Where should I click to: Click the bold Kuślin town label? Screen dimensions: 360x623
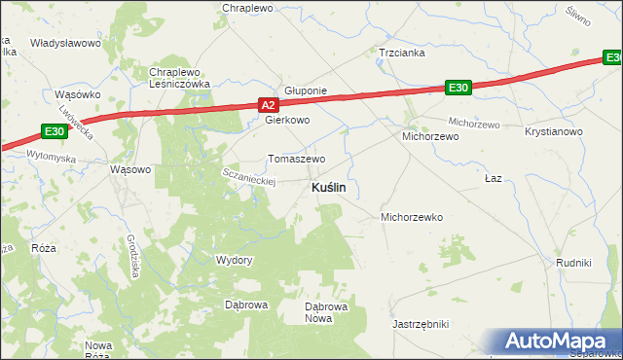pos(332,188)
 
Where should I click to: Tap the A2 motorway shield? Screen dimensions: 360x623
pos(270,104)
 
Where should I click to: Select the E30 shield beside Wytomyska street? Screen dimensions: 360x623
pos(55,131)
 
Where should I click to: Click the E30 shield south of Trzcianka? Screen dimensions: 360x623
pos(458,89)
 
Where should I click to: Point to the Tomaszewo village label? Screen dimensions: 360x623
pos(296,159)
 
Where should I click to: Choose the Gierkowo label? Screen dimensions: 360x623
pos(287,121)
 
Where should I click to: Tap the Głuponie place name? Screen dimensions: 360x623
pos(306,90)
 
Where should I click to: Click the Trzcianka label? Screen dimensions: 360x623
pos(402,54)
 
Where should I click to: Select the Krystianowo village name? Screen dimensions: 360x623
pos(553,131)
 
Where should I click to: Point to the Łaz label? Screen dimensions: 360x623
pos(493,180)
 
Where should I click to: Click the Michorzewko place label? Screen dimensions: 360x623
pos(412,217)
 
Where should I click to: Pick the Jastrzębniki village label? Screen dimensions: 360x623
pos(420,323)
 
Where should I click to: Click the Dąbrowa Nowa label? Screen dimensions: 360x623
pos(318,311)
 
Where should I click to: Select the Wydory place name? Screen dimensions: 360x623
pos(234,261)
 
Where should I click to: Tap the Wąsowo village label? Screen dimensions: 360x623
pos(131,168)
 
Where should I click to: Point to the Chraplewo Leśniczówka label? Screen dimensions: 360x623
pos(180,78)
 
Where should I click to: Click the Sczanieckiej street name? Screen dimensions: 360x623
pos(250,176)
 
